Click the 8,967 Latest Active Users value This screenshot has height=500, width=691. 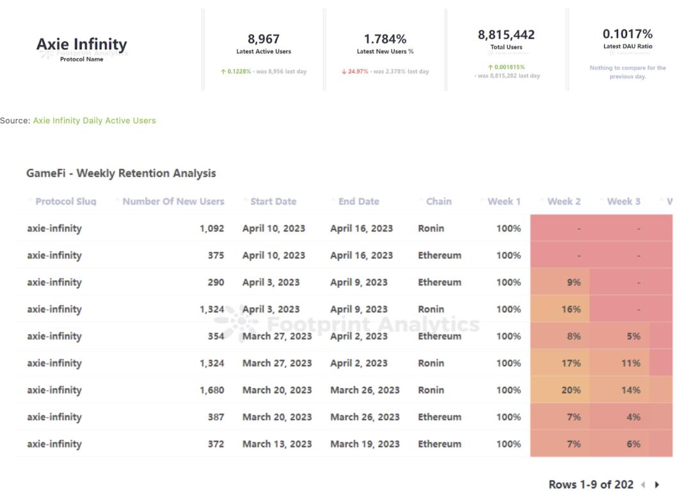pyautogui.click(x=264, y=39)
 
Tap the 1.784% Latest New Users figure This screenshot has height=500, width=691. pyautogui.click(x=385, y=39)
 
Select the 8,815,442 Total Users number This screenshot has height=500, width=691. pyautogui.click(x=506, y=35)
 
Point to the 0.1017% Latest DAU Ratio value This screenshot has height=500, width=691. pyautogui.click(x=628, y=34)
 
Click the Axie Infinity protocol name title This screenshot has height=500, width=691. pyautogui.click(x=82, y=44)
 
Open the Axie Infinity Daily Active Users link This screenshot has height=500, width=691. pyautogui.click(x=94, y=120)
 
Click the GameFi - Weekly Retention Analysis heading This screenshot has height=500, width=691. pyautogui.click(x=121, y=173)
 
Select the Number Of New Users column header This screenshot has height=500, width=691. pyautogui.click(x=173, y=201)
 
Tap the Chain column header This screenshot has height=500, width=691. pyautogui.click(x=438, y=201)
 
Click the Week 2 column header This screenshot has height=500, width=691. pyautogui.click(x=564, y=201)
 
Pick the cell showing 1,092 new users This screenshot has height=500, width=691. pyautogui.click(x=212, y=228)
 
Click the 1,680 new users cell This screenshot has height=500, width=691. pyautogui.click(x=212, y=390)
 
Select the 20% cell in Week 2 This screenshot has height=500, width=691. pyautogui.click(x=571, y=390)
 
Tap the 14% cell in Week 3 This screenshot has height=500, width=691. pyautogui.click(x=631, y=390)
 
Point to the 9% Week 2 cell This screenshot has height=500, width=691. pyautogui.click(x=573, y=282)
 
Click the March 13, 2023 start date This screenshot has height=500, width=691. pyautogui.click(x=277, y=444)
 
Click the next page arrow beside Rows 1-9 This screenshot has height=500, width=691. pyautogui.click(x=657, y=485)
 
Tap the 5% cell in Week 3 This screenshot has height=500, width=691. pyautogui.click(x=633, y=336)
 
